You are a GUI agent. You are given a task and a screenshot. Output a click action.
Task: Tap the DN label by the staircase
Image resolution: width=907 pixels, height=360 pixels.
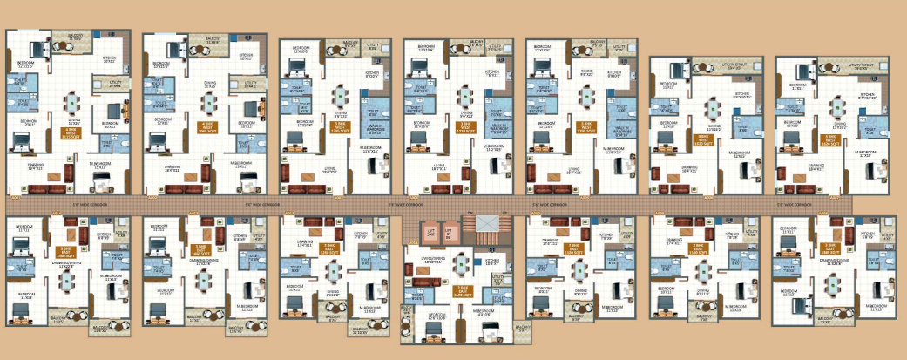(x=469, y=214)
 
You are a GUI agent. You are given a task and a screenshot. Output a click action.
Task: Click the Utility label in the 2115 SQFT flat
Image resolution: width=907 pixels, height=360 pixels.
(x=116, y=84)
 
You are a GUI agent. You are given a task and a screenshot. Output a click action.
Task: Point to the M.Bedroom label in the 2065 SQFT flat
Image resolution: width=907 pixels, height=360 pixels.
(x=241, y=165)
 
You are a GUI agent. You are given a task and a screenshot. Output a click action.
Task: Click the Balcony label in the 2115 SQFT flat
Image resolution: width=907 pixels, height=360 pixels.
(x=76, y=37)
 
